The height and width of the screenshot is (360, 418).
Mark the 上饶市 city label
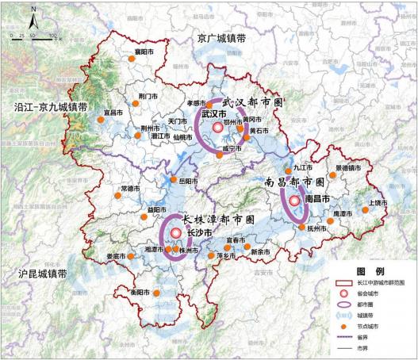point(379,203)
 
